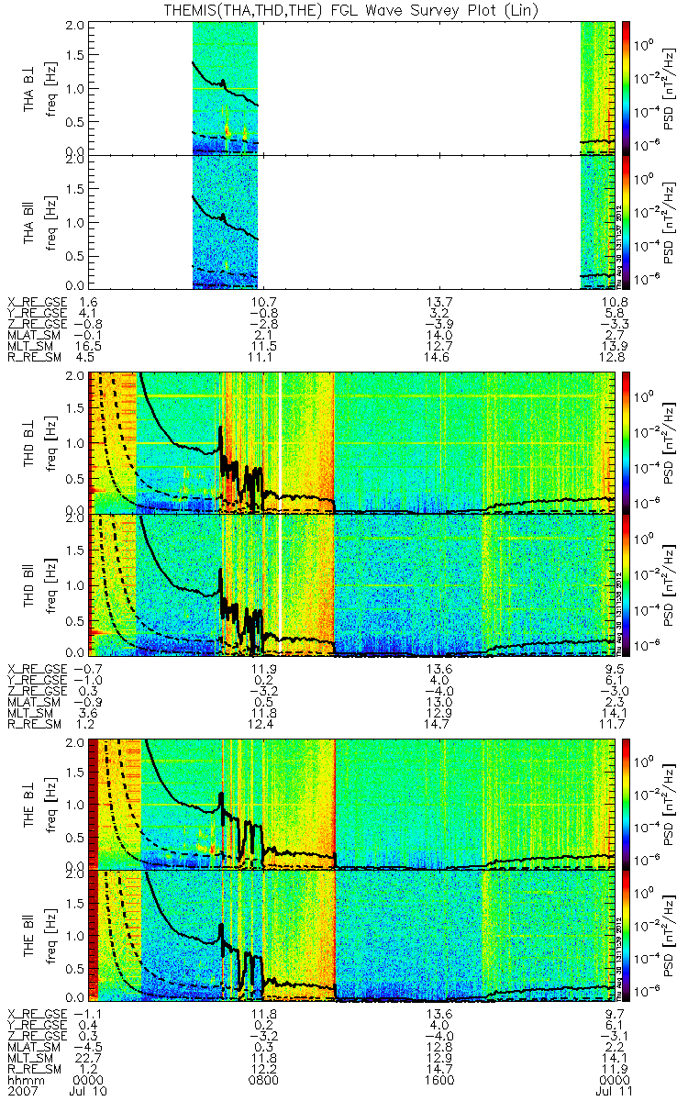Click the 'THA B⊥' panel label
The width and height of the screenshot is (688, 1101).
click(31, 87)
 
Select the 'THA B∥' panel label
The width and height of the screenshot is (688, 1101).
click(31, 223)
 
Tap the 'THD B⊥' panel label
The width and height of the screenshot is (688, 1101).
click(31, 442)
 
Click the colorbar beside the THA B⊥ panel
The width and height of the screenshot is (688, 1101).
click(627, 87)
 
